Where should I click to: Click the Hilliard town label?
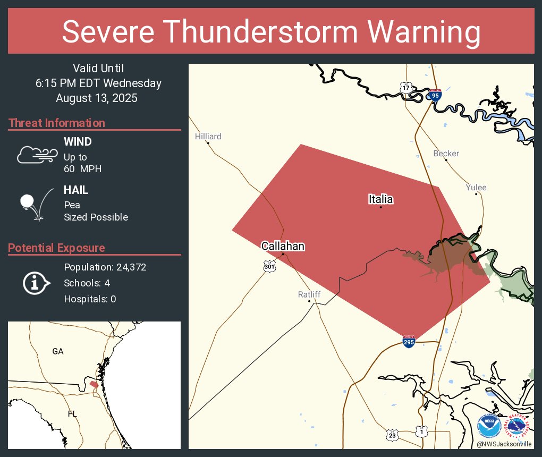[208, 137]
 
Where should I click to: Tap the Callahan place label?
[283, 246]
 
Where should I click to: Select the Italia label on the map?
[380, 199]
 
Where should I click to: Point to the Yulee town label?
[476, 188]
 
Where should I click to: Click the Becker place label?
[446, 154]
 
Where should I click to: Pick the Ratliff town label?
[309, 294]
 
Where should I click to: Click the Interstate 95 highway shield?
[435, 95]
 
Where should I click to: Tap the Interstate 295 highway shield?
[409, 342]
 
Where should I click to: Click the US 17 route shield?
[406, 87]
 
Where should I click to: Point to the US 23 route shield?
[392, 434]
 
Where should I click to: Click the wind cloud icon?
[37, 155]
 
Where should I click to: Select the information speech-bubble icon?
[36, 283]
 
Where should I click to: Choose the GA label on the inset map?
[58, 351]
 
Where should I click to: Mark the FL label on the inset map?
[72, 413]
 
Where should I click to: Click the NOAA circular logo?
[489, 426]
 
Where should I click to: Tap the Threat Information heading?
[57, 123]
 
